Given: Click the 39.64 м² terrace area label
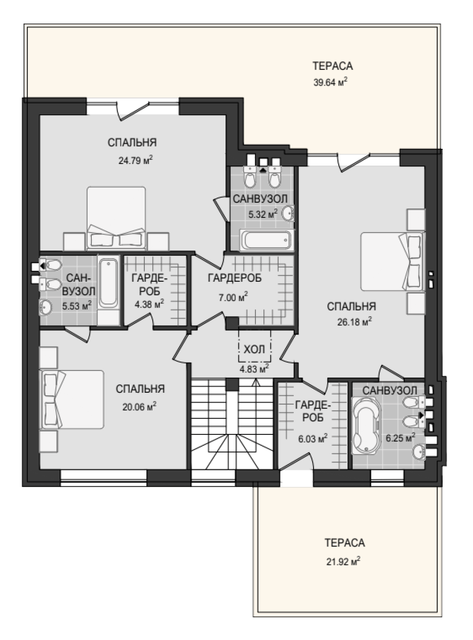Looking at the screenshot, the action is [x=330, y=82].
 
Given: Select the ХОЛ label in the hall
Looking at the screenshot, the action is [x=254, y=349].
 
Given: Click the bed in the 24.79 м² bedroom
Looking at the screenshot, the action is [x=116, y=218].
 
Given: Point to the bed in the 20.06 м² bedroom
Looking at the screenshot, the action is [x=73, y=399].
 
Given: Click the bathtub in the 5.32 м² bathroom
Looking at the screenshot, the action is [x=266, y=240].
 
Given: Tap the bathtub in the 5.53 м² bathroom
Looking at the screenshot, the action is [x=108, y=283].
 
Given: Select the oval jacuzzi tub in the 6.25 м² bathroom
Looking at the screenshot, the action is [x=366, y=425].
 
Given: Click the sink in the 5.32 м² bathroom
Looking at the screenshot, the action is [x=288, y=214].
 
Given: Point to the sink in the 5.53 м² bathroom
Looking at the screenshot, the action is [x=45, y=307].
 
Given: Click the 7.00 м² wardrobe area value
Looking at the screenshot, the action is [x=233, y=297].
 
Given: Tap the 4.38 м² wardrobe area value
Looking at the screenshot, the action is [x=149, y=304].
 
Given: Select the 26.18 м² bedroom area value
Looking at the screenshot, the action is [x=354, y=321].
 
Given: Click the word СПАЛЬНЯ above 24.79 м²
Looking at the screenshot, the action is [x=132, y=143].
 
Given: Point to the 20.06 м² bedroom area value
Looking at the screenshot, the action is [x=140, y=407].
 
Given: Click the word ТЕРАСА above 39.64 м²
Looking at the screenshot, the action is [x=333, y=66].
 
